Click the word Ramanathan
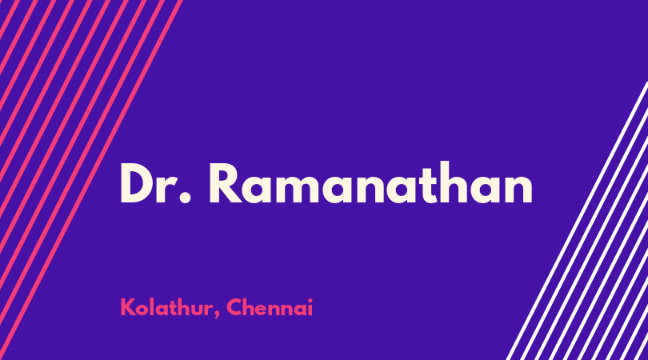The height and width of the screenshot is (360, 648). click(x=370, y=183)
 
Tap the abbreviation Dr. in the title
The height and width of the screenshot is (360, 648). click(x=155, y=183)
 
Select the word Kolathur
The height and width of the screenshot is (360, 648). click(x=166, y=307)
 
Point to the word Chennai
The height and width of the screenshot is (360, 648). click(x=270, y=307)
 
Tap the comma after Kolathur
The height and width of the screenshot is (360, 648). click(x=217, y=314)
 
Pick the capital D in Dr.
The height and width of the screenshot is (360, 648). click(x=136, y=183)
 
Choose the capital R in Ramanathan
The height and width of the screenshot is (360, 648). click(x=226, y=183)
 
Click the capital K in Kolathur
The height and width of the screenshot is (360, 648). click(x=127, y=307)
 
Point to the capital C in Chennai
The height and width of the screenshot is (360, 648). click(x=234, y=307)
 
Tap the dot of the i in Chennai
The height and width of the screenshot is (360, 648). click(x=310, y=300)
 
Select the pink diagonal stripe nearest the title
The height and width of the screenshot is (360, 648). click(x=91, y=180)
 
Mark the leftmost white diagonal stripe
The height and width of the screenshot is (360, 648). click(x=577, y=221)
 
